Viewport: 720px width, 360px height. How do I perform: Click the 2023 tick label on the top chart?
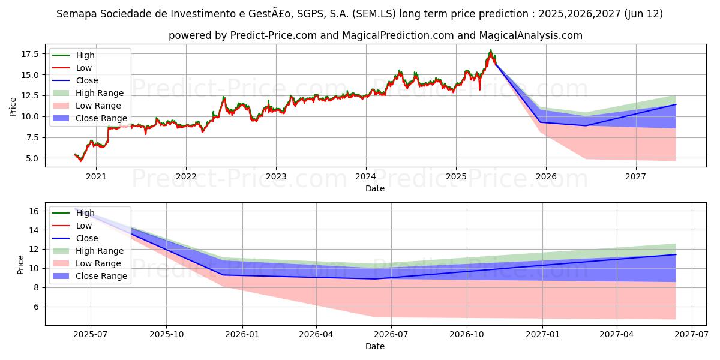[x=276, y=176]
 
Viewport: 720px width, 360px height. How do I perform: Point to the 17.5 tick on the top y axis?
[x=30, y=54]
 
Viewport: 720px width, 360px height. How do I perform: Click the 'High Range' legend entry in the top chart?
[x=100, y=93]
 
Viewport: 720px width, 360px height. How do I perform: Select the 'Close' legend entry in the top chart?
[x=87, y=80]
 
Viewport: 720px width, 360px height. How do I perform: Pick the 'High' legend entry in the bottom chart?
[x=85, y=213]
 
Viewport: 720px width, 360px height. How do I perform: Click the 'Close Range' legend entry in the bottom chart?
[x=101, y=276]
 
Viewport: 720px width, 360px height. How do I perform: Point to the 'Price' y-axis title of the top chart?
[x=13, y=107]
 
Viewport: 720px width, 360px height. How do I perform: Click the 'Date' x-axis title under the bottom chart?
[x=375, y=346]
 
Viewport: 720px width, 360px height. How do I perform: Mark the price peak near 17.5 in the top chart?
[x=491, y=51]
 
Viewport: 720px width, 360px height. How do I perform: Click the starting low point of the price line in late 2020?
[x=80, y=160]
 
